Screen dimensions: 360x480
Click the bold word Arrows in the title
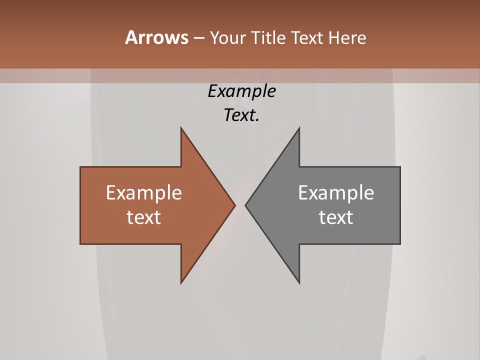(156, 37)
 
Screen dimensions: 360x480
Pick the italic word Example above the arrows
(241, 91)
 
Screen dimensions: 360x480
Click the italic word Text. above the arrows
(240, 115)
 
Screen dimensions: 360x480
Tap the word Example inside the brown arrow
(144, 192)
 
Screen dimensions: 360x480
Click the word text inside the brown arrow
(144, 217)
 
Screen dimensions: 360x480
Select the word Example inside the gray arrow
(336, 192)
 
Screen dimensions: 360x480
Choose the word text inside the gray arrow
(336, 217)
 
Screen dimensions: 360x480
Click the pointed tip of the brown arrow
(234, 205)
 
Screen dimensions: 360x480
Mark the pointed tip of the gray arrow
(246, 205)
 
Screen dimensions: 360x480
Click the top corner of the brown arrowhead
(181, 128)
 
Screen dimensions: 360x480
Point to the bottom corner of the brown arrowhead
(181, 282)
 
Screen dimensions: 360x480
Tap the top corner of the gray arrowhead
(299, 128)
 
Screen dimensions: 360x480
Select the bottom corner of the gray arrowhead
(299, 282)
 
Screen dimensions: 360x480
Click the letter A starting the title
(131, 37)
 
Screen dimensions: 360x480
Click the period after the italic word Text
(258, 120)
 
